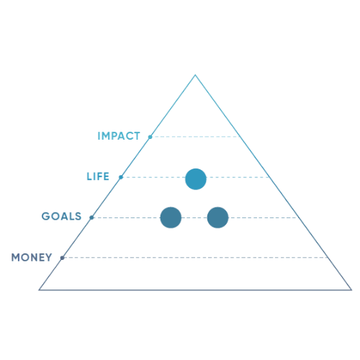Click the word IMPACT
tap(119, 136)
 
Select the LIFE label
tap(98, 176)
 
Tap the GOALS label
tap(61, 216)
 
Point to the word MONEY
tap(32, 258)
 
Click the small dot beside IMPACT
tap(150, 137)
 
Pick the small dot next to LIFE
tap(121, 177)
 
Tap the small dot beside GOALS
tap(91, 217)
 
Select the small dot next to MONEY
tap(62, 258)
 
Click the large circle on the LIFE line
tap(196, 179)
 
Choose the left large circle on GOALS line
tap(171, 217)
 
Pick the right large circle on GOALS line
tap(217, 217)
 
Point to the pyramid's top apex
tap(195, 75)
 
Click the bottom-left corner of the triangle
tap(40, 290)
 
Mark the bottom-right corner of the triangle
tap(351, 290)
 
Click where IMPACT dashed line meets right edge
tap(240, 137)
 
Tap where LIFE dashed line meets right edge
tap(269, 177)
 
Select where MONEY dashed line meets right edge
tap(328, 258)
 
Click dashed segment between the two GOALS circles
tap(194, 217)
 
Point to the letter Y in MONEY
tap(48, 258)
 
